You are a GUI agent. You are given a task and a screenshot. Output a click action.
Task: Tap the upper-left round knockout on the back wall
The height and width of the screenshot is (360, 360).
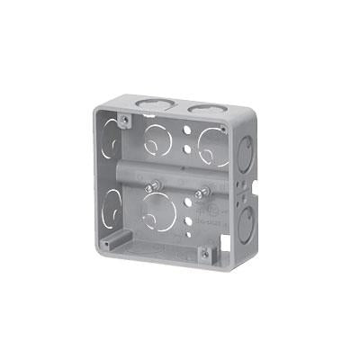(156, 136)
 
